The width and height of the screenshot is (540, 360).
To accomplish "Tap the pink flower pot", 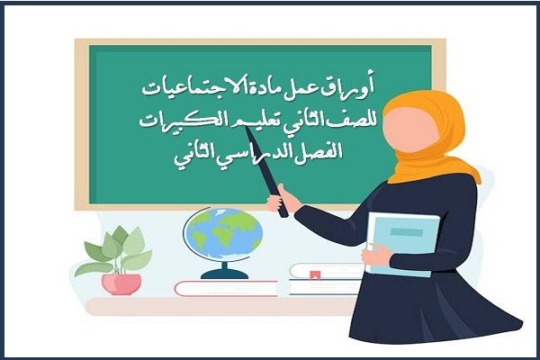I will coord(121,283).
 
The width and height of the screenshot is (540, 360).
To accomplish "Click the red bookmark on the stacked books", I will coord(315,274).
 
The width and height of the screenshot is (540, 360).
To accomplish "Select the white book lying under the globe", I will coord(225,287).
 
